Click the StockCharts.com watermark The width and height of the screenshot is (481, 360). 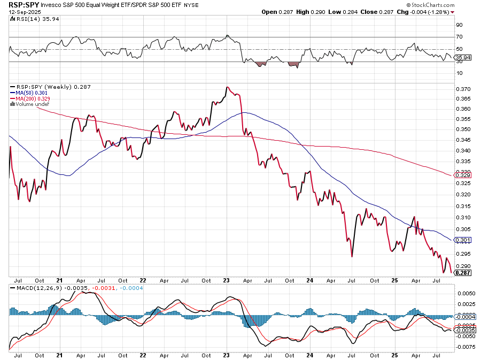[x=452, y=4]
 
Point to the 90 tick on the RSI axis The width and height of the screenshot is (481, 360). [x=459, y=25]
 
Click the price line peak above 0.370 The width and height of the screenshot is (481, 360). [x=227, y=87]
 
